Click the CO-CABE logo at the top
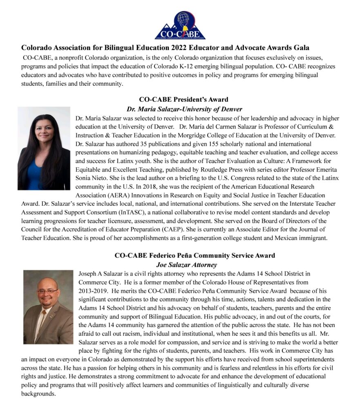(180, 25)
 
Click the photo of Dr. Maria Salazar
(44, 149)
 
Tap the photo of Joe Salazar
(48, 307)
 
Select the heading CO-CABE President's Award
(183, 99)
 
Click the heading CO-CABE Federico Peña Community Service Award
(195, 256)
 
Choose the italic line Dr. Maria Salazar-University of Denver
(184, 109)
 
